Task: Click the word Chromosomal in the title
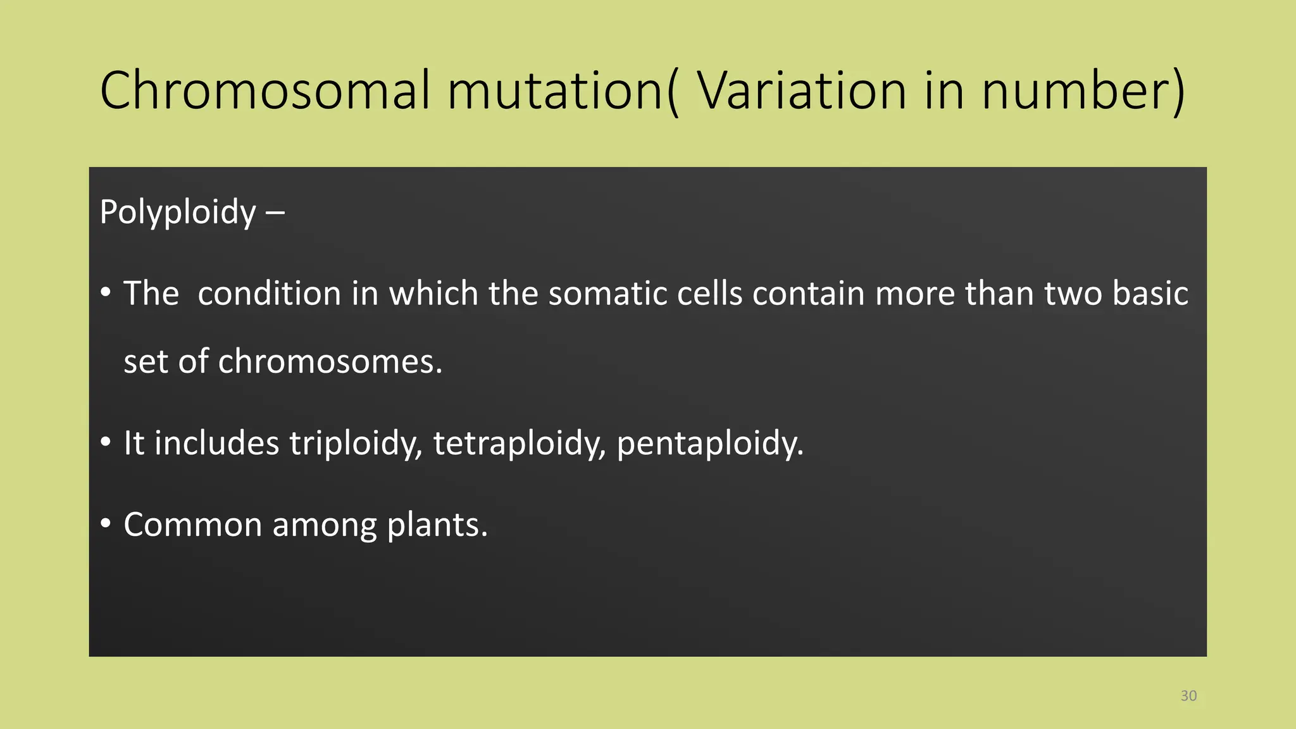click(x=265, y=90)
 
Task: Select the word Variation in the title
click(x=802, y=90)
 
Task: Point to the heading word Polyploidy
click(x=178, y=212)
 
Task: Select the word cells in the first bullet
click(x=709, y=294)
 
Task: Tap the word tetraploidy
click(x=520, y=443)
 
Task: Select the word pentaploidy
click(x=709, y=443)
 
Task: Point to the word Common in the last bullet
click(x=192, y=525)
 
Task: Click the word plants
click(x=437, y=525)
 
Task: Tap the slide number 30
click(x=1188, y=696)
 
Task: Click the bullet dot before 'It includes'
click(x=106, y=442)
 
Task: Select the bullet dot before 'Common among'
click(x=106, y=523)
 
